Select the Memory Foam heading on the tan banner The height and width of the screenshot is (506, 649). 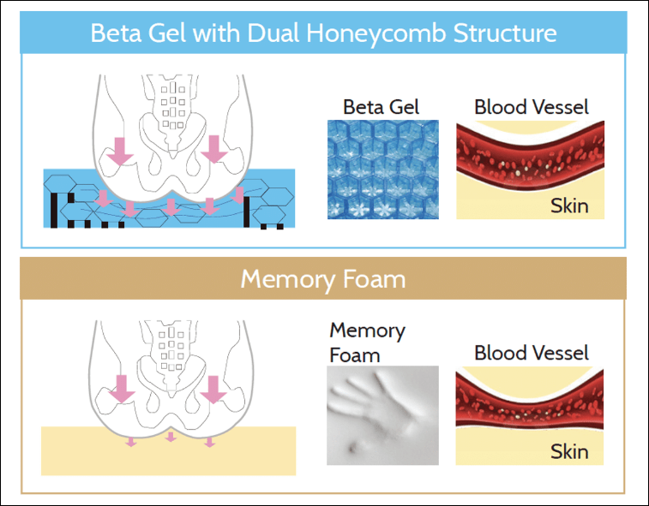(323, 279)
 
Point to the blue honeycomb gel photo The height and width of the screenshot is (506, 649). (382, 169)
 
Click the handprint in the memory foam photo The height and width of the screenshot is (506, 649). (377, 411)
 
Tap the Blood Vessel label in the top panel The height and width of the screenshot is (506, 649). (532, 107)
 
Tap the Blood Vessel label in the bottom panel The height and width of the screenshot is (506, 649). (532, 353)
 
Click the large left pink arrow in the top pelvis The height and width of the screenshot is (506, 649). (121, 149)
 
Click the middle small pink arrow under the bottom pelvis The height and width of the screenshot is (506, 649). (171, 438)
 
